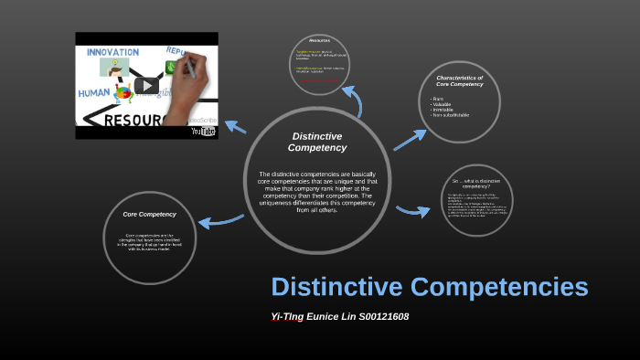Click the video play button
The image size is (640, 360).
tap(146, 86)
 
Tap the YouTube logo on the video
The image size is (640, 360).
tap(203, 131)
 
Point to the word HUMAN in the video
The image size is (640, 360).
tap(93, 92)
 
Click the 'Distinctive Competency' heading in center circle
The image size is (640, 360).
tap(317, 142)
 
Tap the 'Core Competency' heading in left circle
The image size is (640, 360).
tap(149, 214)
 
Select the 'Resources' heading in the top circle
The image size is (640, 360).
tap(319, 41)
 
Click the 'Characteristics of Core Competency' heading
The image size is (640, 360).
tap(460, 81)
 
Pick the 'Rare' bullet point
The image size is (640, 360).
tap(437, 98)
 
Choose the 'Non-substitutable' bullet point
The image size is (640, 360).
tap(450, 115)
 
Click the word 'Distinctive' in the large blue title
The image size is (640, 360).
tap(336, 287)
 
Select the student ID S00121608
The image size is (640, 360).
tap(376, 317)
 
